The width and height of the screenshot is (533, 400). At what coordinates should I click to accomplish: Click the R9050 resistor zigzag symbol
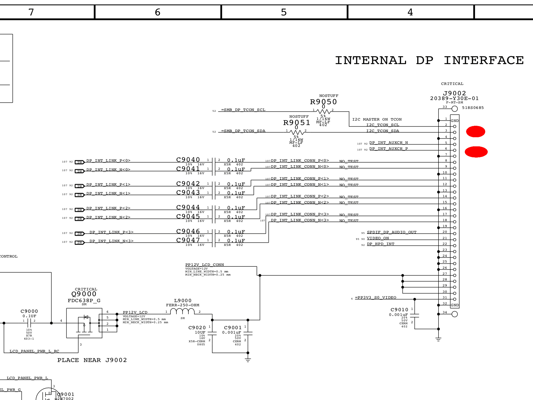pyautogui.click(x=323, y=112)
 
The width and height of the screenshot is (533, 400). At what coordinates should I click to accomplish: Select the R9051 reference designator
pyautogui.click(x=296, y=123)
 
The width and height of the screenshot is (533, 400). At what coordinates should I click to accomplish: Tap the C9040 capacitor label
pyautogui.click(x=188, y=160)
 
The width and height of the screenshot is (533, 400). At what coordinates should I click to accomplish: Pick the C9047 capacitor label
pyautogui.click(x=188, y=240)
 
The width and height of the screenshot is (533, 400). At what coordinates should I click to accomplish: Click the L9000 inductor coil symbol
pyautogui.click(x=182, y=311)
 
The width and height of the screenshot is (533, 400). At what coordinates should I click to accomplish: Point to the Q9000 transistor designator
pyautogui.click(x=84, y=294)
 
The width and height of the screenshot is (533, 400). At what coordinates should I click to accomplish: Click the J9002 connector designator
pyautogui.click(x=454, y=93)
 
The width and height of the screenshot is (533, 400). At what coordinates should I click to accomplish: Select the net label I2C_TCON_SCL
pyautogui.click(x=383, y=125)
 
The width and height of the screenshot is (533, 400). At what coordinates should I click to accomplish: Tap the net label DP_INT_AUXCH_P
pyautogui.click(x=389, y=149)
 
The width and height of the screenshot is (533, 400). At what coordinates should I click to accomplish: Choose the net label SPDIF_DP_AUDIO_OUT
pyautogui.click(x=392, y=232)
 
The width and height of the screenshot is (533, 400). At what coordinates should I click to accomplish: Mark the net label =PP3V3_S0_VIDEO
pyautogui.click(x=376, y=298)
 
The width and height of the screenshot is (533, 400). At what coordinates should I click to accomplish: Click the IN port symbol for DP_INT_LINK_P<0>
pyautogui.click(x=80, y=162)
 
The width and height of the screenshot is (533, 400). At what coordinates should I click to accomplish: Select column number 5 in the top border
pyautogui.click(x=284, y=12)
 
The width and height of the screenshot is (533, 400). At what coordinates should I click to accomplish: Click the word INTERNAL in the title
pyautogui.click(x=371, y=60)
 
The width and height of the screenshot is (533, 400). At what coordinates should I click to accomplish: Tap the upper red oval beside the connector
pyautogui.click(x=475, y=132)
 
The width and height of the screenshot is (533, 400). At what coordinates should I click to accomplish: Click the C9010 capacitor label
pyautogui.click(x=399, y=310)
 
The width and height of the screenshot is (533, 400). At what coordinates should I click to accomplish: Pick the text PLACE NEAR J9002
pyautogui.click(x=92, y=360)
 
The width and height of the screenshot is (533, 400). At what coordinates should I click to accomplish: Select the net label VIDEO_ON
pyautogui.click(x=378, y=238)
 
